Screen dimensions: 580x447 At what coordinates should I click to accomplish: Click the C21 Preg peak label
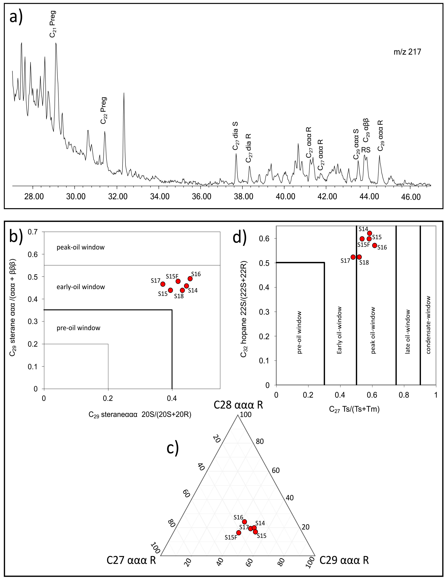53,24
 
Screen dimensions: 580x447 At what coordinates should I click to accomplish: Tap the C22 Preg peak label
104,111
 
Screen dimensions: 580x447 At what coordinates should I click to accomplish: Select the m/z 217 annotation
407,52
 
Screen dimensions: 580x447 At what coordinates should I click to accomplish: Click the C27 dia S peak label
235,136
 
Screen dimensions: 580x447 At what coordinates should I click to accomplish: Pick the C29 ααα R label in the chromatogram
381,135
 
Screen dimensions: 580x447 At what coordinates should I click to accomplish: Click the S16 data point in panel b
190,279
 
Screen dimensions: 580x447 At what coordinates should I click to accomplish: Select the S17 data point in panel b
163,284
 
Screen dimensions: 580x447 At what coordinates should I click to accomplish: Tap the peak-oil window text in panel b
80,247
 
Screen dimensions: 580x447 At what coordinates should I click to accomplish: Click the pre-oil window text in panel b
78,328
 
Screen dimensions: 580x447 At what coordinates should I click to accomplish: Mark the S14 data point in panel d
369,233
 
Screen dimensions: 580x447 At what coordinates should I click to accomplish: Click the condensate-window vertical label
428,325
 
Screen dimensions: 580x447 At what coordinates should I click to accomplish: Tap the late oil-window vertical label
408,332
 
